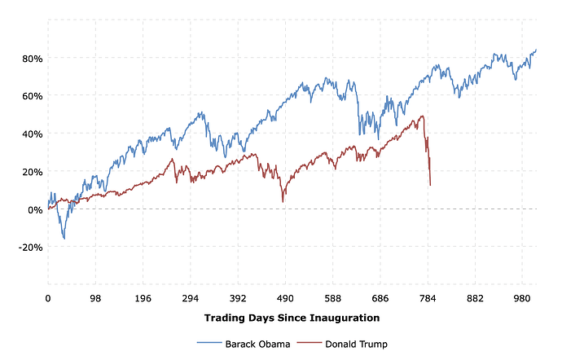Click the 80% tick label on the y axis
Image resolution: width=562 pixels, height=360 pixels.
pyautogui.click(x=33, y=58)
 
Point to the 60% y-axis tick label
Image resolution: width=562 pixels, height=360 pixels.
pyautogui.click(x=33, y=96)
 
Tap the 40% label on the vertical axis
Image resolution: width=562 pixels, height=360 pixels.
pyautogui.click(x=33, y=134)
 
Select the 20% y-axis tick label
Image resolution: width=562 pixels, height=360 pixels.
pyautogui.click(x=33, y=172)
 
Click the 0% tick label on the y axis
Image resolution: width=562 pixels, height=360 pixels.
pyautogui.click(x=35, y=209)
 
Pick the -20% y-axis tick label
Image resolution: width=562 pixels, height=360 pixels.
pyautogui.click(x=30, y=248)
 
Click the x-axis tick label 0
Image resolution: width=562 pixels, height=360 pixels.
pyautogui.click(x=48, y=298)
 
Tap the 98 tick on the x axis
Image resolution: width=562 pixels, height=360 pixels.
pyautogui.click(x=96, y=298)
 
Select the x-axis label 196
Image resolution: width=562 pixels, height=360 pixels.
pyautogui.click(x=143, y=298)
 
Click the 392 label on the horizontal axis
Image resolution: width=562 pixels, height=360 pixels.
pyautogui.click(x=239, y=298)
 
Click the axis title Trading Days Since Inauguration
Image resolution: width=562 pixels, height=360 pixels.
pyautogui.click(x=292, y=318)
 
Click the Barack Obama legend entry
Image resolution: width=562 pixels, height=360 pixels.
pyautogui.click(x=244, y=344)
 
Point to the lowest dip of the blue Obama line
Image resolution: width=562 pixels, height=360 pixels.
pyautogui.click(x=64, y=239)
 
